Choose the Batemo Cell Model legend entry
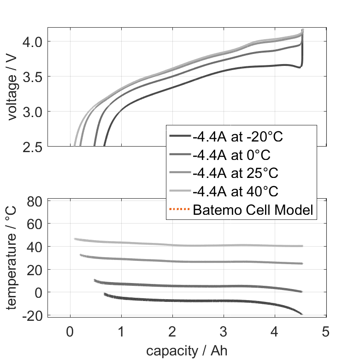coord(253,210)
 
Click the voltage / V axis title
coord(12,88)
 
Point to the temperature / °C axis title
coord(12,257)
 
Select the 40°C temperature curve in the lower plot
coord(184,245)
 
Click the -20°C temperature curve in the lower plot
coord(184,301)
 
